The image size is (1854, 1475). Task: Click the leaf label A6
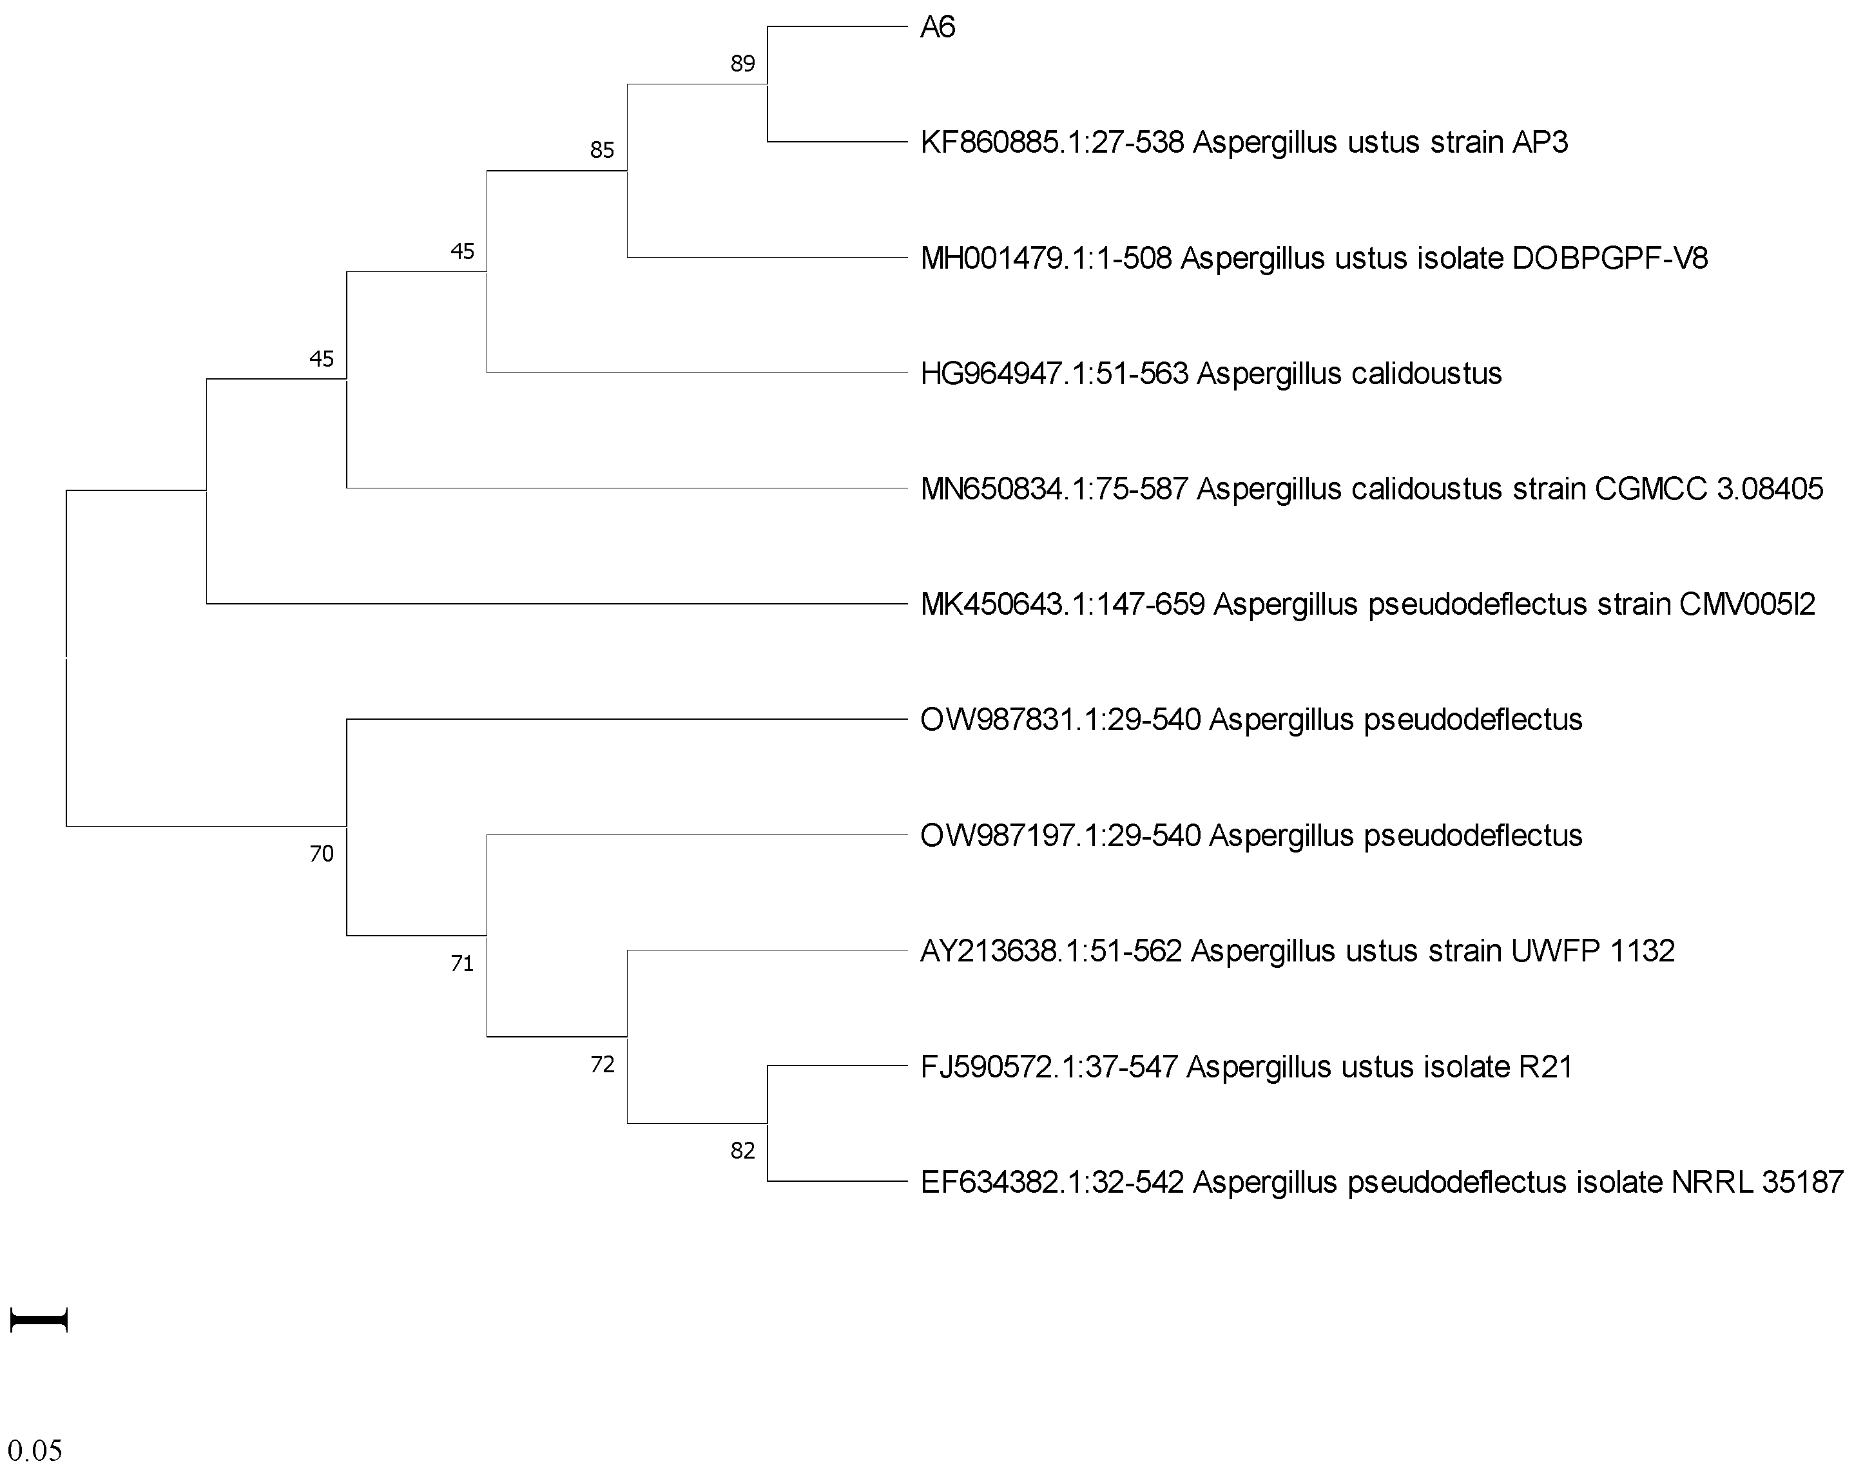click(x=938, y=28)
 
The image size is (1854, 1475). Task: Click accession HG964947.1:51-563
click(x=1054, y=373)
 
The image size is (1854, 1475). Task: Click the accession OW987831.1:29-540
click(x=1060, y=720)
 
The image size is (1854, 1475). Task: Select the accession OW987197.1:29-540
click(x=1060, y=836)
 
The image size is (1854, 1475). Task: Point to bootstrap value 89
click(x=742, y=64)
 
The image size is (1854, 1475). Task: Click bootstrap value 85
click(x=602, y=151)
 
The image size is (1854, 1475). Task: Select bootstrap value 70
click(x=322, y=854)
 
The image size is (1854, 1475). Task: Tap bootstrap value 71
click(x=463, y=964)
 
